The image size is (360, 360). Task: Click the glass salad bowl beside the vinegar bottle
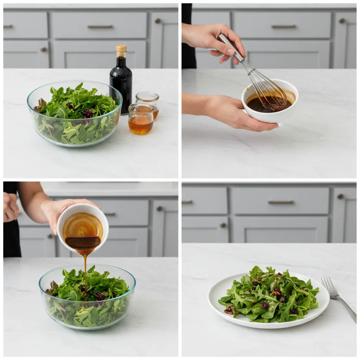tap(75, 114)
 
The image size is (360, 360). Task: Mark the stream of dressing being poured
tap(85, 271)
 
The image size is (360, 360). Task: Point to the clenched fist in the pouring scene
tap(11, 207)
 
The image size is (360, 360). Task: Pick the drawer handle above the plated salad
tap(281, 202)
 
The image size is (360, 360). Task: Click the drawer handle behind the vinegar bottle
tap(100, 27)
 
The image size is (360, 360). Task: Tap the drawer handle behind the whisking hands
tap(283, 27)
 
